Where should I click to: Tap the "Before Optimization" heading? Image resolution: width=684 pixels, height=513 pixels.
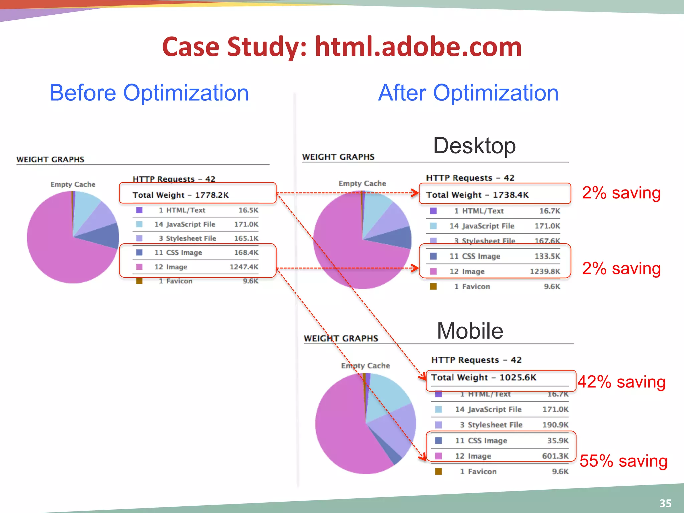[x=149, y=93]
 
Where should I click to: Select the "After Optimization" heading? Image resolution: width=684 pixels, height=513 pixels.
[x=468, y=93]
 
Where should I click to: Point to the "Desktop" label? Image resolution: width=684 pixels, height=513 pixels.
[x=474, y=146]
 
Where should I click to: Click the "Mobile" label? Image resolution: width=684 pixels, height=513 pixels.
[x=470, y=331]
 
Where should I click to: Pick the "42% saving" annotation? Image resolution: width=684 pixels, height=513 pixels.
[x=622, y=382]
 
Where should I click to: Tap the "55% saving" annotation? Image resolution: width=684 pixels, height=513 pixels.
[x=623, y=461]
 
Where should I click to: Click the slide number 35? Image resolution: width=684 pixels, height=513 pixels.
[x=665, y=503]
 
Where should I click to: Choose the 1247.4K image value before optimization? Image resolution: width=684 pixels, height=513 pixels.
[x=244, y=267]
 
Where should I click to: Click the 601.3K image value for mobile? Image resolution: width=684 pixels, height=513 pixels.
[x=555, y=456]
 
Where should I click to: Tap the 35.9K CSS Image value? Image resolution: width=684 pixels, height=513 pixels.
[x=558, y=441]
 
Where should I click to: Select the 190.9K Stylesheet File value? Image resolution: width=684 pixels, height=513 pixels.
[x=555, y=425]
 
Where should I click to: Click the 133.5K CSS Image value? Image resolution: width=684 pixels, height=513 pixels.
[x=547, y=256]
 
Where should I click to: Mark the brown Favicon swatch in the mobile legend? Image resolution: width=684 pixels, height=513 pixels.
[x=438, y=471]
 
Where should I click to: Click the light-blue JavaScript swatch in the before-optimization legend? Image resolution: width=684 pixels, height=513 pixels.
[x=139, y=224]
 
